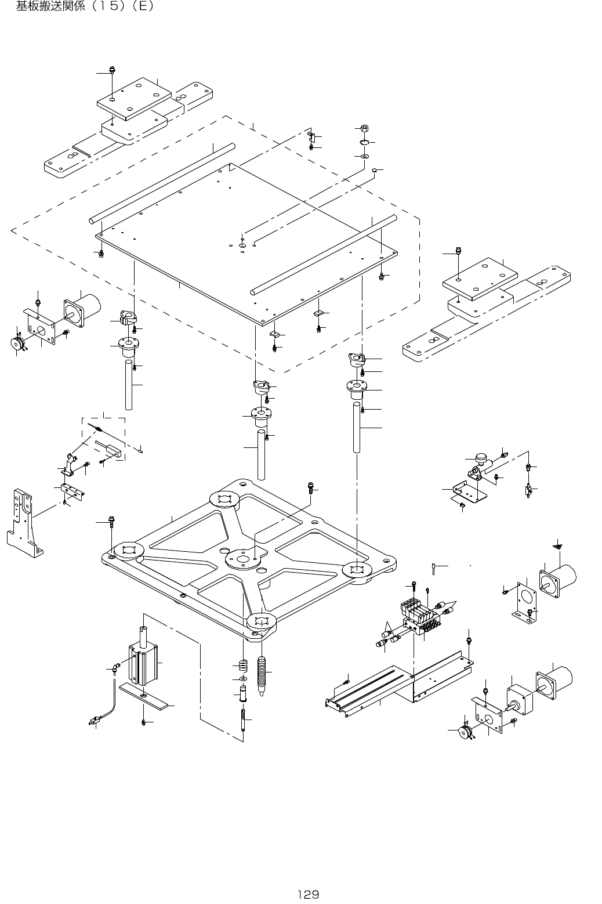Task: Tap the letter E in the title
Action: point(140,8)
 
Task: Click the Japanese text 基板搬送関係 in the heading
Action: point(50,8)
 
